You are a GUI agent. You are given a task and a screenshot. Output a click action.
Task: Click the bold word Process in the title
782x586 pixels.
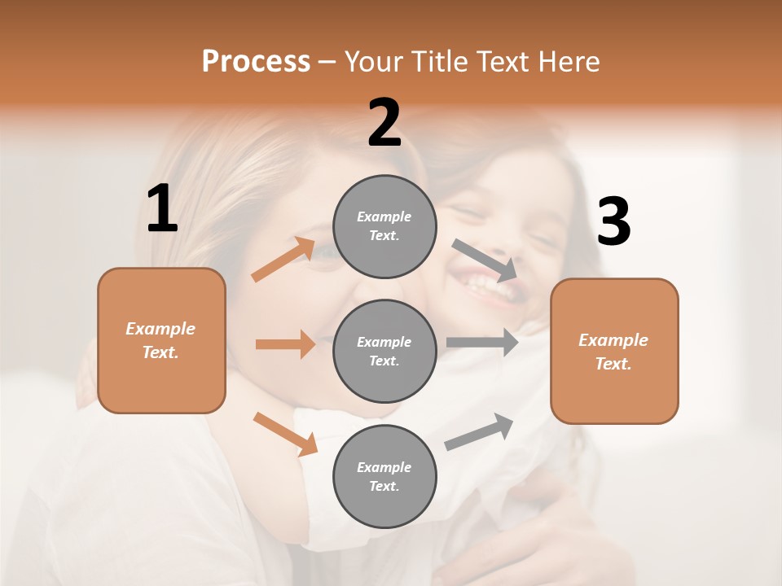(x=256, y=61)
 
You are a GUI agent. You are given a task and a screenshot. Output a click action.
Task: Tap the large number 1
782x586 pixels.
(x=162, y=209)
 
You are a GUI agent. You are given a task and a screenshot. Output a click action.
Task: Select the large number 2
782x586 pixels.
(x=384, y=123)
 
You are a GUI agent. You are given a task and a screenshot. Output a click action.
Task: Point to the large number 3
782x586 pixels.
(x=614, y=221)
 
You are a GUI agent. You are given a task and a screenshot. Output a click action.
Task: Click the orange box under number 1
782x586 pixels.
(x=161, y=340)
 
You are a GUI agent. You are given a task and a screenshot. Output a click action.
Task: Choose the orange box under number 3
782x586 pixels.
(x=614, y=352)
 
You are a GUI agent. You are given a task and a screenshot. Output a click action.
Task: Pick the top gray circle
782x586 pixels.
(x=384, y=226)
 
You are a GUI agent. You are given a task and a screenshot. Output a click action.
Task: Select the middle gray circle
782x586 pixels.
(x=384, y=351)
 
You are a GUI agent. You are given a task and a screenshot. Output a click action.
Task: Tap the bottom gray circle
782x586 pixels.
(x=384, y=476)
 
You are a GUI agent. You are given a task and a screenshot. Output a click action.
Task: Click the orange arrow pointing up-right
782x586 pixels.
(x=283, y=260)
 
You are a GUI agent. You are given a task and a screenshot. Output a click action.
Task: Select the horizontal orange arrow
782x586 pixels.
(x=285, y=344)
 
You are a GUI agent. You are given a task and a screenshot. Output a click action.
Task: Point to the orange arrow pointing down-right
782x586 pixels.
(x=285, y=434)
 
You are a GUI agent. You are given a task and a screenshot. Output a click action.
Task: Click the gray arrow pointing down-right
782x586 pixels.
(x=485, y=260)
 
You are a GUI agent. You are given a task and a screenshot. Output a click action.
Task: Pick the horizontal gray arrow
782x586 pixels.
(x=482, y=342)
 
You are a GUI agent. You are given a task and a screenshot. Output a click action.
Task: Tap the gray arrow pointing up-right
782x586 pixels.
(x=479, y=432)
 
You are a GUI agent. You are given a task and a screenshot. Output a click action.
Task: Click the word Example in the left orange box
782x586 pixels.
(x=160, y=329)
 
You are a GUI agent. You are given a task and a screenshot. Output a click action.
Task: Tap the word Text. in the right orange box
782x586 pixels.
(x=613, y=364)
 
